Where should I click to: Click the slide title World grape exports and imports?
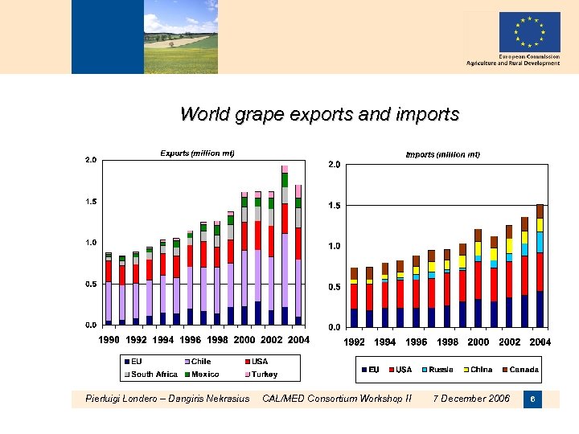(x=319, y=114)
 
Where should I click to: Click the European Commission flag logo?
(x=528, y=32)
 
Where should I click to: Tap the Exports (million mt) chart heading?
(x=197, y=153)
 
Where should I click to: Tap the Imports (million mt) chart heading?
(x=442, y=154)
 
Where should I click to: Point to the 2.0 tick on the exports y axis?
(x=91, y=160)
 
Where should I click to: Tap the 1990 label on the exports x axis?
(x=109, y=341)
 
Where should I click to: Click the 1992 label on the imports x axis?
(x=355, y=342)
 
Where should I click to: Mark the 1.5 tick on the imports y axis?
(x=334, y=206)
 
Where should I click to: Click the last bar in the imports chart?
(x=540, y=265)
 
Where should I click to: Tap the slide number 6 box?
(x=532, y=399)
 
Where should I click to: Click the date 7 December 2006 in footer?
(x=470, y=399)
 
